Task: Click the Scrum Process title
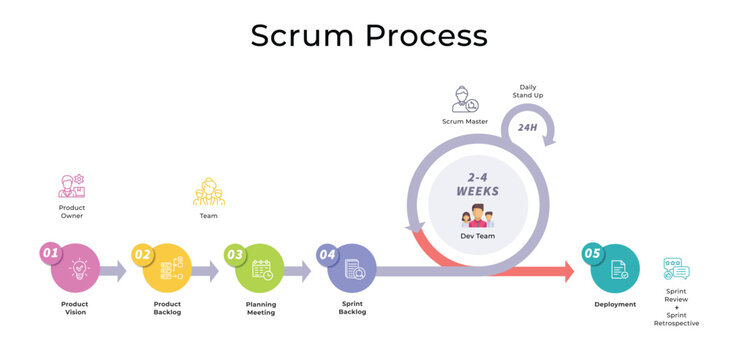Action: click(x=369, y=36)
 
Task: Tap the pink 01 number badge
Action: click(x=50, y=254)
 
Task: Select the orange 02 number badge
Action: click(x=142, y=254)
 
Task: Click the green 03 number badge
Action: click(x=235, y=254)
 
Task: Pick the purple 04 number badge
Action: click(x=327, y=254)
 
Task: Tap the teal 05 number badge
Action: click(x=592, y=254)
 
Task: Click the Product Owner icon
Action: click(x=72, y=187)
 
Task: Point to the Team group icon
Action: click(x=208, y=191)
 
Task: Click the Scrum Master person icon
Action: click(x=464, y=100)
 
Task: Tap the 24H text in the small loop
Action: click(x=526, y=127)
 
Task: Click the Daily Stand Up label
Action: click(x=527, y=92)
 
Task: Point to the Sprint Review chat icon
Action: click(x=676, y=269)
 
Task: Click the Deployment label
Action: click(x=615, y=304)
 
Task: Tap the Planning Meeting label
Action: click(x=261, y=308)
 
